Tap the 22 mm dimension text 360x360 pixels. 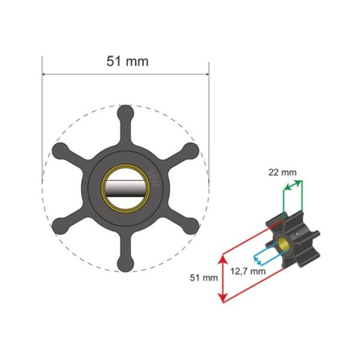282,173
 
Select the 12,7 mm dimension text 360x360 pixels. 248,271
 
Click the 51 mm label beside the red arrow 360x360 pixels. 202,278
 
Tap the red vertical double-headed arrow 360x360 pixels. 223,278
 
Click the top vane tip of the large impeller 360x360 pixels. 125,112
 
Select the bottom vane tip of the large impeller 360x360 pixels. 125,263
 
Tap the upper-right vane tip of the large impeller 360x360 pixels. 190,150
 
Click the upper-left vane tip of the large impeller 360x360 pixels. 60,150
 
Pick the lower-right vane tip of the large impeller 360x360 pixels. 190,226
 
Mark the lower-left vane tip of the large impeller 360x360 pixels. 60,226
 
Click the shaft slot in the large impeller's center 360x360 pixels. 125,188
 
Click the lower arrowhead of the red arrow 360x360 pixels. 223,299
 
